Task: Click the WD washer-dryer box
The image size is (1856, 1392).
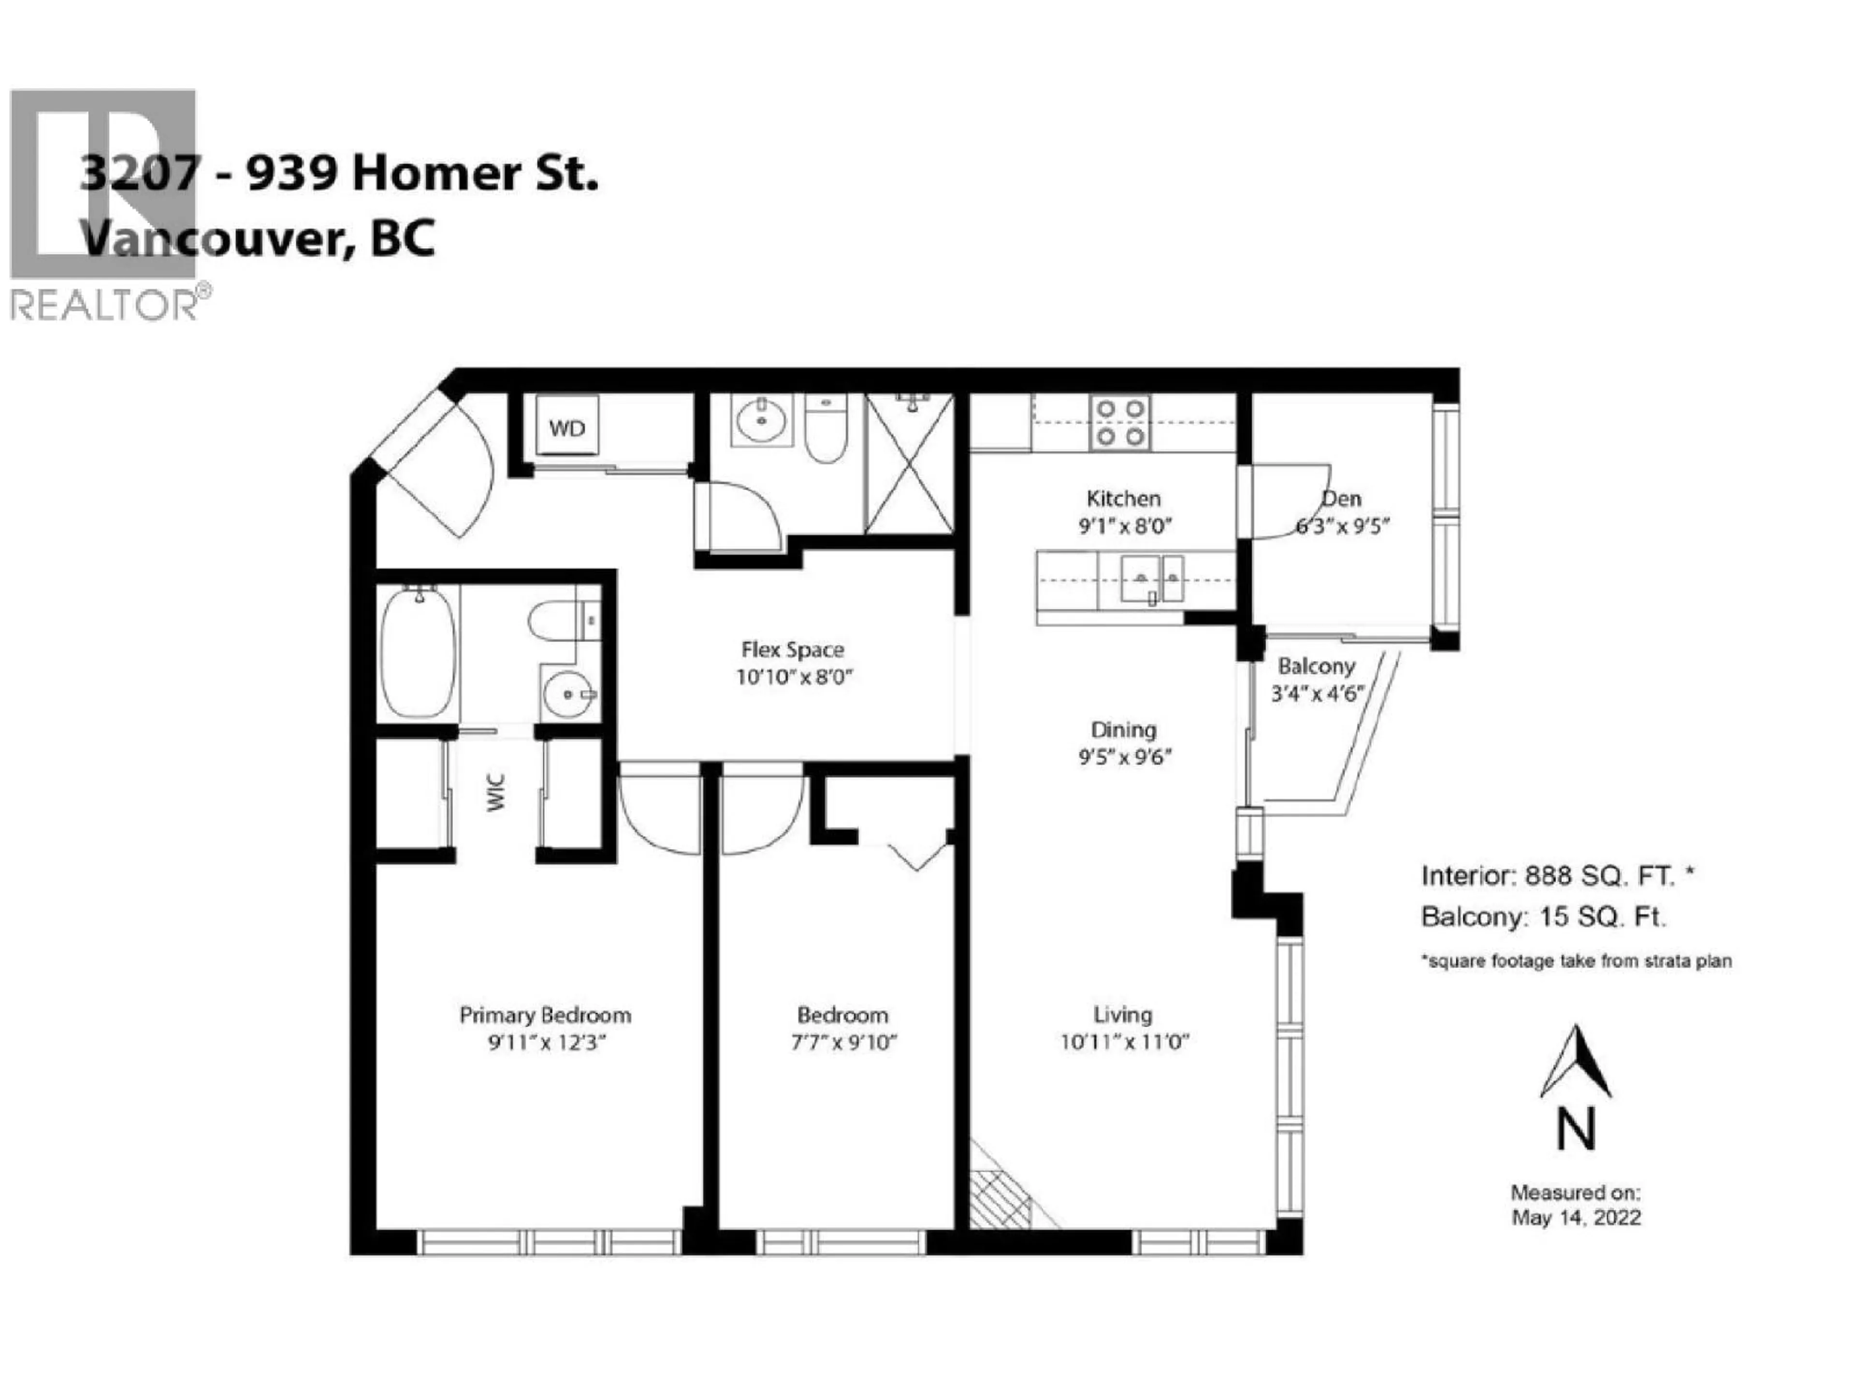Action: click(567, 428)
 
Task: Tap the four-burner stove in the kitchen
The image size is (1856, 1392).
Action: click(1120, 422)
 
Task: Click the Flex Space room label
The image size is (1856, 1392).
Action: click(792, 650)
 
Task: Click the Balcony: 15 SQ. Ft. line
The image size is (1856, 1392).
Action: click(1542, 917)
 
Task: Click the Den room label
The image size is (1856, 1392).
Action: click(1342, 498)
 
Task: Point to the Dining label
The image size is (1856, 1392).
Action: click(1123, 729)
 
